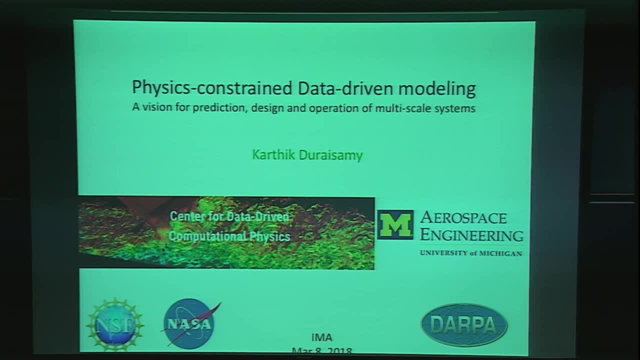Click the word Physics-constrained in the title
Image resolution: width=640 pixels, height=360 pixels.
pos(211,88)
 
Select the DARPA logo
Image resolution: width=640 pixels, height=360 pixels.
pos(464,325)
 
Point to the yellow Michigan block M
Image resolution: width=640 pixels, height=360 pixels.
pos(395,224)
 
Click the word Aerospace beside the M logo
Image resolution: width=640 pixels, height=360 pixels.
pos(463,217)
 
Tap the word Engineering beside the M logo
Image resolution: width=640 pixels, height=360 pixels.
pos(471,235)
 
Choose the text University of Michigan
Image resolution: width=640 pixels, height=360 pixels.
pos(471,253)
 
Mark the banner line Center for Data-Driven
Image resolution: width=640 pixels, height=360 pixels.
pos(229,216)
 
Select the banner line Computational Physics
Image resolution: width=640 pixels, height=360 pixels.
pos(229,236)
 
